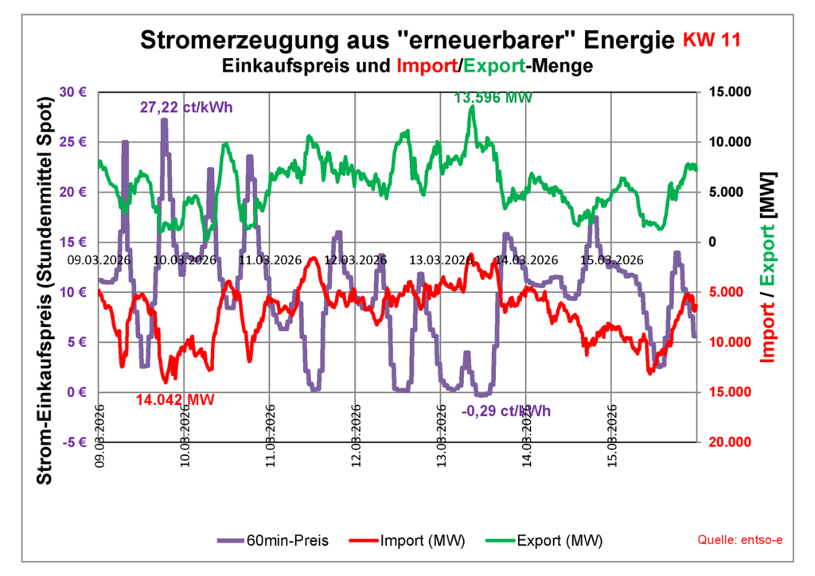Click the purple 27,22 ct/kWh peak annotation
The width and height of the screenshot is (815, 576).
click(x=186, y=107)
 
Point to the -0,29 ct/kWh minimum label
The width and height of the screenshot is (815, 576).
click(x=506, y=411)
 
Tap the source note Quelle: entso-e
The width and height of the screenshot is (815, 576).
click(x=740, y=541)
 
